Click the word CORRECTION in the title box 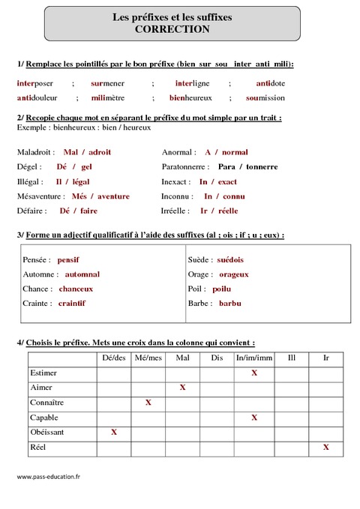172,29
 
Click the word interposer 35,82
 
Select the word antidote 271,82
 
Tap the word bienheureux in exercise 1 190,97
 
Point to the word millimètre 108,97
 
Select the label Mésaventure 40,196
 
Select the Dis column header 217,358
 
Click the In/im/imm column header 253,358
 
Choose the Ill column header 290,358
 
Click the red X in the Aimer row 182,388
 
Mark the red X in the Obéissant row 114,432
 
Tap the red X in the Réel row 326,447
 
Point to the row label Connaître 46,403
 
